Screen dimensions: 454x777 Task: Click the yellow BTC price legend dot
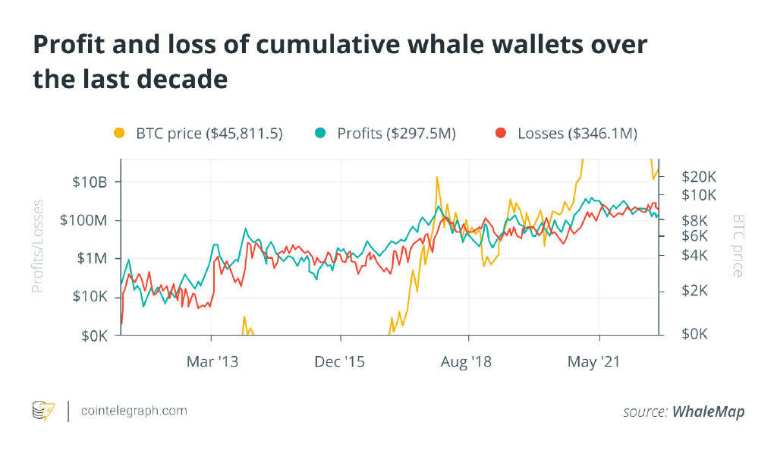(x=118, y=134)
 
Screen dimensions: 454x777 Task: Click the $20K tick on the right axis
(x=699, y=176)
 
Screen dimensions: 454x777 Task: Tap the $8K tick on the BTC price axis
(x=693, y=220)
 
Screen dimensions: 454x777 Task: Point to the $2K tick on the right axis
(x=693, y=291)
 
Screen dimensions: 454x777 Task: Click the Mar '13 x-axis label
(x=212, y=362)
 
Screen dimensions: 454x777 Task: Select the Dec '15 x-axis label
(x=340, y=362)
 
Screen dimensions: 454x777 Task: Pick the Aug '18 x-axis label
(x=466, y=362)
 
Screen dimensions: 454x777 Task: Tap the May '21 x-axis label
(x=594, y=362)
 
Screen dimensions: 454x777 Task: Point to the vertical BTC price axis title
(x=738, y=245)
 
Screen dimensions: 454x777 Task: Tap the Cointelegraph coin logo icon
(x=43, y=411)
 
